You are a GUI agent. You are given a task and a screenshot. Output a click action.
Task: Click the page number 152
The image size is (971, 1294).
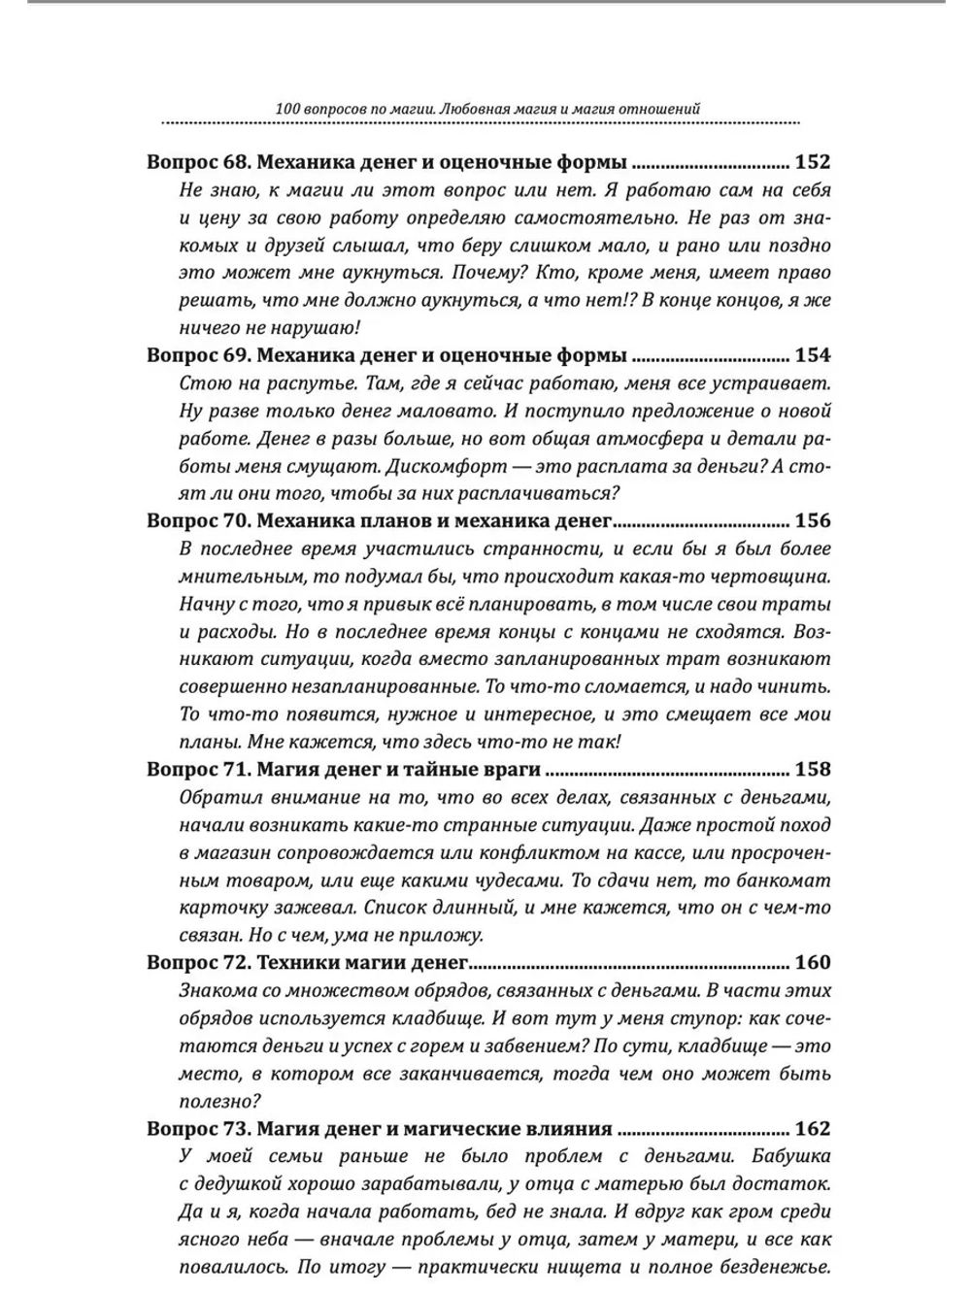(812, 161)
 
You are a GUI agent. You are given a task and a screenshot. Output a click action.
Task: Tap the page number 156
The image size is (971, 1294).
(812, 519)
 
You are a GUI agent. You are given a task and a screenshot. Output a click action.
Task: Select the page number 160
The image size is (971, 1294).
(812, 962)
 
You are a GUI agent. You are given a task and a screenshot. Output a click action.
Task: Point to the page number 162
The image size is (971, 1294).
(812, 1128)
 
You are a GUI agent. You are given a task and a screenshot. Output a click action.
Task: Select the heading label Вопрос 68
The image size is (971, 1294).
(199, 161)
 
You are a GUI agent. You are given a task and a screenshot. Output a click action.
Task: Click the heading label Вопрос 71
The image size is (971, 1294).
(199, 769)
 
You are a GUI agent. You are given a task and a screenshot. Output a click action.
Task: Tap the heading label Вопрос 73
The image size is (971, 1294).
(199, 1128)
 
